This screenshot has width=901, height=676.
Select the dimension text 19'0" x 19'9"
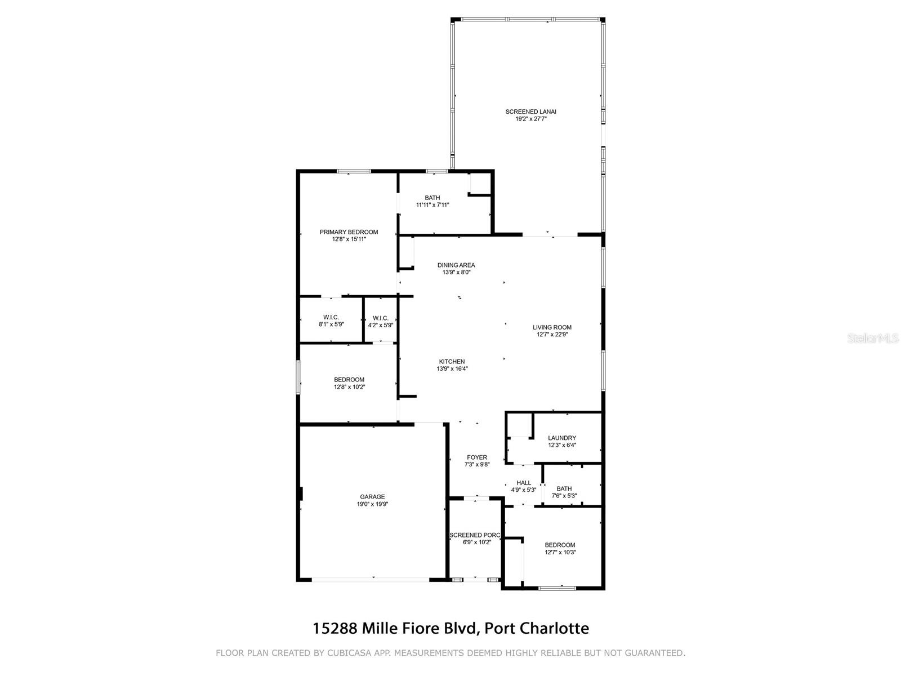[x=372, y=504]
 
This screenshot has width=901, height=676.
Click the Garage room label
[x=372, y=497]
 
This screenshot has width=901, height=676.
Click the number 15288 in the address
[x=334, y=628]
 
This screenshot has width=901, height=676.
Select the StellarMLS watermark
[x=873, y=339]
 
